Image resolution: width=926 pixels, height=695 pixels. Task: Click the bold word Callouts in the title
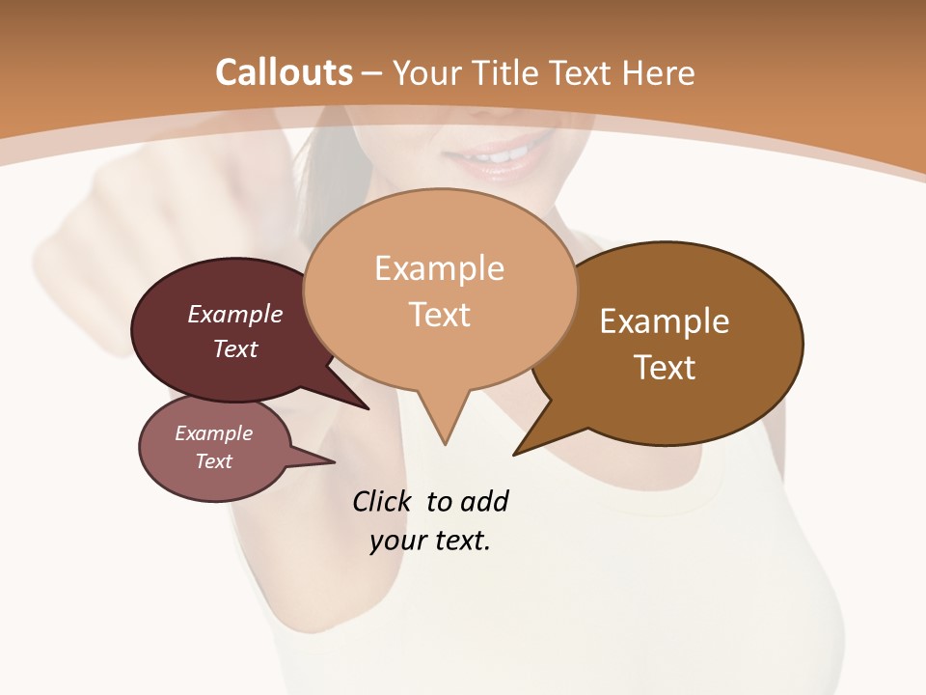tap(285, 72)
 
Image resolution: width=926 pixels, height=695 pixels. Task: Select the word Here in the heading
tap(660, 72)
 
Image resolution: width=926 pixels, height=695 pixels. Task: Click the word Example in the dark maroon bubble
tap(235, 314)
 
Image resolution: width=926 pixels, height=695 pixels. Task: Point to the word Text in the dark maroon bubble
tap(235, 348)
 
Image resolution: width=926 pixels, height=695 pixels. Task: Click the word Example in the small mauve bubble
tap(214, 433)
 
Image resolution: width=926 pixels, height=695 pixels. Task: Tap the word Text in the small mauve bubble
tap(214, 461)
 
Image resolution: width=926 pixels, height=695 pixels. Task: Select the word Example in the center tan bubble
tap(439, 268)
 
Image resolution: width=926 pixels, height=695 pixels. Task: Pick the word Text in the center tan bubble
tap(439, 315)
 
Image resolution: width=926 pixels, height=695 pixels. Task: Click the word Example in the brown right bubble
tap(665, 321)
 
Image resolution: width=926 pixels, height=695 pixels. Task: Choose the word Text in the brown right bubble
tap(665, 368)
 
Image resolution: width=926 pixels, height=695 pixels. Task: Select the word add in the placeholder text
tap(484, 502)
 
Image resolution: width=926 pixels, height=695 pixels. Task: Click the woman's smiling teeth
tap(500, 153)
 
